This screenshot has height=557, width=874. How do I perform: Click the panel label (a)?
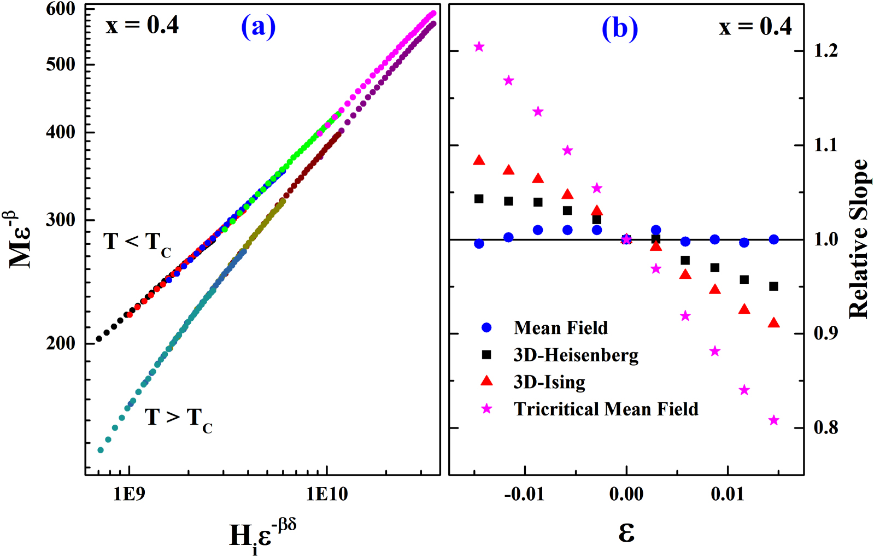[x=258, y=27]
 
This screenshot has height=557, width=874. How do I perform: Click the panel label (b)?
[x=619, y=28]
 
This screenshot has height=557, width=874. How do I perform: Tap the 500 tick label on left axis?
[x=61, y=64]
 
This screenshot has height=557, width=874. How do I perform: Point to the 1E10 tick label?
[x=326, y=494]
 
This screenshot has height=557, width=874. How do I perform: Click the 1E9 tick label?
[x=129, y=494]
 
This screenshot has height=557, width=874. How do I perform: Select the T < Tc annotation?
[x=137, y=243]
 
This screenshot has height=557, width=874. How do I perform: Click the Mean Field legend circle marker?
[x=486, y=327]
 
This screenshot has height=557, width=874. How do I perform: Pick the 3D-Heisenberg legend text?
[x=576, y=355]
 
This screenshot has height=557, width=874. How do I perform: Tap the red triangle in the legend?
[x=486, y=382]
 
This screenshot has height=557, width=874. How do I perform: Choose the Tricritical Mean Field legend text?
[x=606, y=409]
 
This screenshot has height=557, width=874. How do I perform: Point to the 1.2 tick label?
[x=825, y=51]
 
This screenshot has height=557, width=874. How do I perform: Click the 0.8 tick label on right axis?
[x=825, y=427]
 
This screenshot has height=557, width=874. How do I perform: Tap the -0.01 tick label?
[x=524, y=494]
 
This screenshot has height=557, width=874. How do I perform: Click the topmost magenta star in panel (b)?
[x=479, y=46]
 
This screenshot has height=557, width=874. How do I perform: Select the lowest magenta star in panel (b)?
[x=773, y=420]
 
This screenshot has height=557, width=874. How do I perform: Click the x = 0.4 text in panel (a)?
[x=142, y=25]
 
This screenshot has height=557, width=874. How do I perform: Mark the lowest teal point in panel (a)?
[x=100, y=450]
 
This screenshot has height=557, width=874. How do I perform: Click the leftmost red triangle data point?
[x=479, y=160]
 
